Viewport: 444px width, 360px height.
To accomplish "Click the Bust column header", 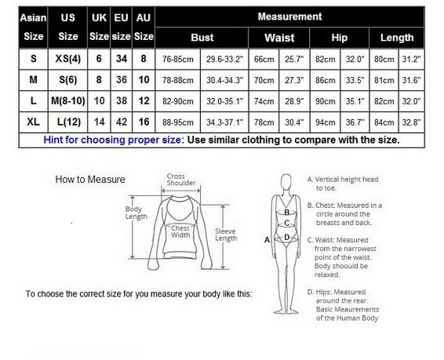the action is click(202, 38).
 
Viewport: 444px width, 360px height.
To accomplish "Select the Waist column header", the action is click(279, 38).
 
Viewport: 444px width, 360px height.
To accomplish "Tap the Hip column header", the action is click(339, 38).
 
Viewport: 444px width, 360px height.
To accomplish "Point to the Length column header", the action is click(397, 38).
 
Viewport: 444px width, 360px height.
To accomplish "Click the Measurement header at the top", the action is click(289, 16).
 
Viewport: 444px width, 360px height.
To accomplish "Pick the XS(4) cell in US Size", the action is click(68, 59).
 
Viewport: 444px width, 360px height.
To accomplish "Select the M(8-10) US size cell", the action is click(68, 100).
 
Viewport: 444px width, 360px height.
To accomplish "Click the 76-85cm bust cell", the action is click(178, 59).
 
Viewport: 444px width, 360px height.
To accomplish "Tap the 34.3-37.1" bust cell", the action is click(224, 122).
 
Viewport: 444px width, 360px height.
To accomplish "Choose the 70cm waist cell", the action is click(264, 80).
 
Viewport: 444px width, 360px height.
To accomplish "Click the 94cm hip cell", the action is click(326, 122).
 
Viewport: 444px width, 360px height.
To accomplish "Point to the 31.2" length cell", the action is click(411, 59).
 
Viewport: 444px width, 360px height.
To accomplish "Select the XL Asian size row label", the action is click(33, 122).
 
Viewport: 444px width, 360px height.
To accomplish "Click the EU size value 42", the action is click(122, 122).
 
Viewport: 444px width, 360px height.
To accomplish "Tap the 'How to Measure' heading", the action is click(90, 180).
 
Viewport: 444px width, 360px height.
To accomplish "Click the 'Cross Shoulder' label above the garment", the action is click(181, 180).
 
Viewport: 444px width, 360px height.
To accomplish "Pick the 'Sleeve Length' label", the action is click(226, 235).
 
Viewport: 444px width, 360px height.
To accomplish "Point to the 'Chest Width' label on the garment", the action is click(180, 231).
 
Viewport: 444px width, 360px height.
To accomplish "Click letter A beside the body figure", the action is click(267, 240).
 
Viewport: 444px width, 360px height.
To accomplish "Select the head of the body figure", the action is click(286, 183).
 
